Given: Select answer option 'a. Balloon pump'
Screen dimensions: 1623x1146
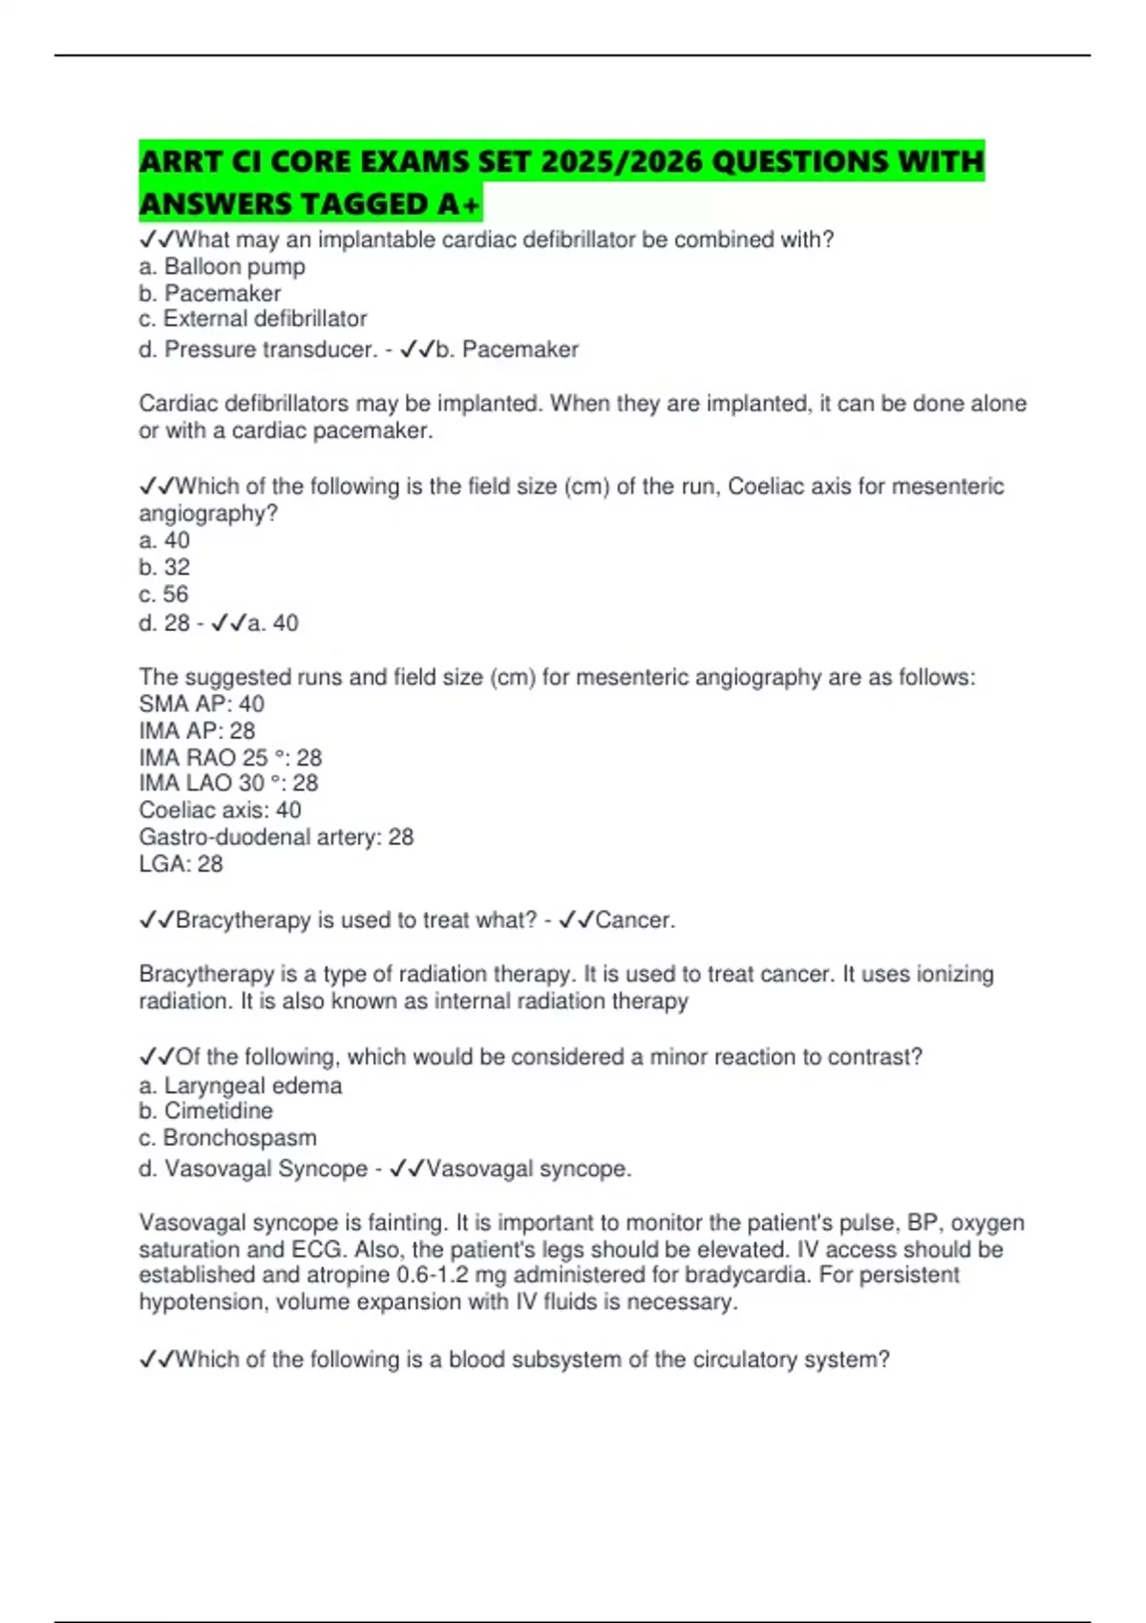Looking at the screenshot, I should coord(222,266).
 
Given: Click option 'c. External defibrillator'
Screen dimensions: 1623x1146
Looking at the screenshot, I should coord(252,319).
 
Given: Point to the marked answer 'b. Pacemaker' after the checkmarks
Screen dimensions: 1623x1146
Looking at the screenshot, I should coord(507,349).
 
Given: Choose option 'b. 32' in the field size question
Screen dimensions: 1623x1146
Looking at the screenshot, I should coord(164,567).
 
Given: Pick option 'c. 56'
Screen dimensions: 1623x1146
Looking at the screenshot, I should coord(163,594).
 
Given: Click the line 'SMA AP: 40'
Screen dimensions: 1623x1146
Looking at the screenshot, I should coord(202,704).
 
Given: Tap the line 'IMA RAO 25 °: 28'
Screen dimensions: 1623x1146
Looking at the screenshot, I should coord(230,757).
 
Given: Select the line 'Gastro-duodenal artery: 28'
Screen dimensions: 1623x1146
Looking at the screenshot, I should coord(276,837).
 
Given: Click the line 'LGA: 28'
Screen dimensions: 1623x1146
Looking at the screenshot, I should coord(180,864).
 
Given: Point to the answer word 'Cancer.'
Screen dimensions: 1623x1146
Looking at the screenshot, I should coord(634,920).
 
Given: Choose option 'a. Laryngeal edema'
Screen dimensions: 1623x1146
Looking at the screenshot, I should coord(240,1086).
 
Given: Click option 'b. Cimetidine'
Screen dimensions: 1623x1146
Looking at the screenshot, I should coord(205,1111).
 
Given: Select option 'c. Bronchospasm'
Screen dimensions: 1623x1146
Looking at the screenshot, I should coord(227,1138).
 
